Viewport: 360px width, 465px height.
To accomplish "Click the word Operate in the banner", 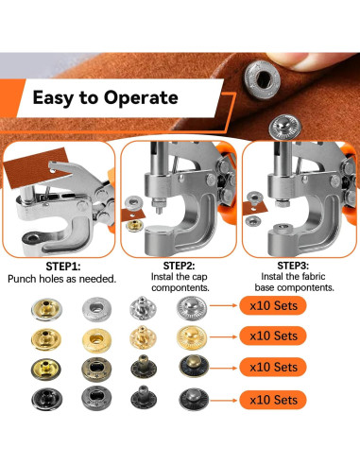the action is [x=141, y=98].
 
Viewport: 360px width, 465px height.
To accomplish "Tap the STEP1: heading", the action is [x=63, y=267].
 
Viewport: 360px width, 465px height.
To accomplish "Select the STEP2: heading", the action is [x=179, y=266].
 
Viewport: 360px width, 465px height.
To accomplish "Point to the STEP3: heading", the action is [x=293, y=266].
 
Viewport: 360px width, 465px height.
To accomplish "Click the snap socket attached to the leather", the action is [x=263, y=79].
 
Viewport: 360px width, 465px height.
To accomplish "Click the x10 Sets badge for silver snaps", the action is [x=273, y=305].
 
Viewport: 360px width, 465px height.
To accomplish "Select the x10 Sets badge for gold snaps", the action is [x=273, y=336].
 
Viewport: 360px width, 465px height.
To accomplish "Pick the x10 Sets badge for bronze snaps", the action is [x=273, y=367].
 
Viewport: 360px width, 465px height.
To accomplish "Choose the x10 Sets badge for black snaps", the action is [x=273, y=400].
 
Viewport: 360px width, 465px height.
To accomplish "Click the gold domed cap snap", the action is [x=192, y=337].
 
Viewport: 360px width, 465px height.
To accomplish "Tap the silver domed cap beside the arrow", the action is [x=192, y=309].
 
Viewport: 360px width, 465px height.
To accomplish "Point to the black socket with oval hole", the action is [x=96, y=399].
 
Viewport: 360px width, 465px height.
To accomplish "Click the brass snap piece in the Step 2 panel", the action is [x=134, y=226].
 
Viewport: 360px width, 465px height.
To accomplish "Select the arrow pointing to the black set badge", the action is [x=223, y=401].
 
